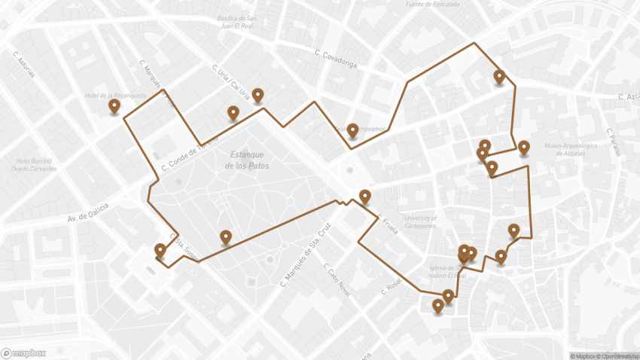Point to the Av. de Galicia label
click(x=88, y=212)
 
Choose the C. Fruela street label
click(x=389, y=224)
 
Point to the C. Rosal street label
click(x=393, y=287)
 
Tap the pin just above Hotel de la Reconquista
click(x=114, y=106)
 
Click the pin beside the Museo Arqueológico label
click(x=524, y=147)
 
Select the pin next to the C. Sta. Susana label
click(x=160, y=250)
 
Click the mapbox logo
click(x=23, y=352)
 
